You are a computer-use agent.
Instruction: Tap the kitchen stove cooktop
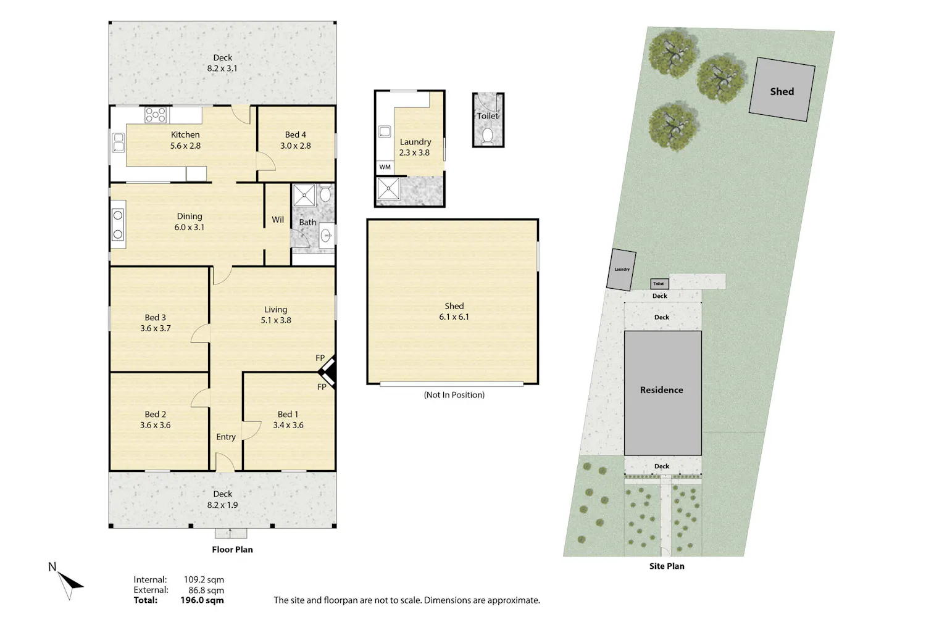(156, 115)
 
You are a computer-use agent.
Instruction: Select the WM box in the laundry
(385, 167)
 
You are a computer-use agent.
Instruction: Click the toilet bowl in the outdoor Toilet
(488, 136)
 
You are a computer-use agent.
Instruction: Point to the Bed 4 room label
(295, 140)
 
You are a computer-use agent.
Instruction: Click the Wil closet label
(278, 220)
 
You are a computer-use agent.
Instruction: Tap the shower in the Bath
(304, 195)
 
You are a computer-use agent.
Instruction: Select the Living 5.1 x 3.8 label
(276, 315)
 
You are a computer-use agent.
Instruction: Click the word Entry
(226, 437)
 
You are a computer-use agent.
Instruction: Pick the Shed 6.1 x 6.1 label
(454, 311)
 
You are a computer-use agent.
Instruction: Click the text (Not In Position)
(454, 395)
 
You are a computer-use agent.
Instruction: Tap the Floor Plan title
(232, 549)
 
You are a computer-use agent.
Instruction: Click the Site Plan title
(666, 566)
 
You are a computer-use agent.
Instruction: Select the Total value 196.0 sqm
(202, 600)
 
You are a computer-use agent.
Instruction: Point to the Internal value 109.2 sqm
(204, 579)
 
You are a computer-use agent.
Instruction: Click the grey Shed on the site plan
(782, 89)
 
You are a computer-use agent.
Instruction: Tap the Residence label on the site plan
(661, 390)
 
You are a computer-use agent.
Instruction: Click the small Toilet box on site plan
(659, 284)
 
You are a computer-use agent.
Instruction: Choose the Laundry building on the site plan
(621, 270)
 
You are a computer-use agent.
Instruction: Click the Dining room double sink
(118, 225)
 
